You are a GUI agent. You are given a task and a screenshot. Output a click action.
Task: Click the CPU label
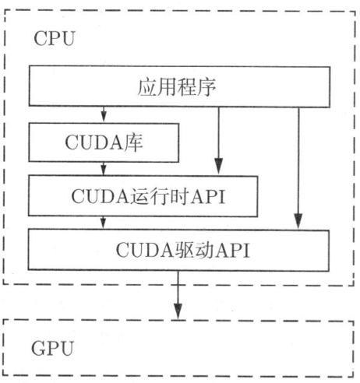tap(55, 38)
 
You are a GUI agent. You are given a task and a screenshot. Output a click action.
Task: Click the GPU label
tap(52, 348)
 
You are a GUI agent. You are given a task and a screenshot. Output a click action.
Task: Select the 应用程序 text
tap(177, 87)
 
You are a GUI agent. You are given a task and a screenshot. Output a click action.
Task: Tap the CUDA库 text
tap(104, 142)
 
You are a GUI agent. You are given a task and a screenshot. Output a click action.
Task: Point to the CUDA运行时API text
tap(148, 196)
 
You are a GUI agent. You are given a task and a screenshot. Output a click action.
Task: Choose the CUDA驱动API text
tap(183, 250)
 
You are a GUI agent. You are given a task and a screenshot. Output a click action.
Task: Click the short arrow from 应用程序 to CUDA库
tap(104, 114)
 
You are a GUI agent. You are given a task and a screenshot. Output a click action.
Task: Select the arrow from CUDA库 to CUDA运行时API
tap(104, 169)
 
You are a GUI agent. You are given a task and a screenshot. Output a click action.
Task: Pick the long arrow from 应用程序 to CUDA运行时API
tap(219, 140)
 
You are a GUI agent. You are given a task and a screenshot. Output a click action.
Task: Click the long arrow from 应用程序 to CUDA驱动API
tap(298, 168)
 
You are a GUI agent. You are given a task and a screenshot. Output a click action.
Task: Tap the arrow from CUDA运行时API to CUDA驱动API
tap(104, 223)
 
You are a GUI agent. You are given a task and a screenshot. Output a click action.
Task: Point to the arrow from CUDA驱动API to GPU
tap(178, 295)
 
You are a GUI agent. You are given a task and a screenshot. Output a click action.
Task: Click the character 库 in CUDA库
tap(133, 142)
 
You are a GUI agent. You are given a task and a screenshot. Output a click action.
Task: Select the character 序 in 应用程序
tap(206, 87)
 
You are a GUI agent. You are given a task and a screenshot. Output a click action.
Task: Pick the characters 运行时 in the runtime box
tap(160, 196)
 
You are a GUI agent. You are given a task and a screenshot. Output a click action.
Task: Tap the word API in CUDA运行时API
tap(207, 197)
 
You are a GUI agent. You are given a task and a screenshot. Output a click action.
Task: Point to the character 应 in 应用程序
tap(147, 87)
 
